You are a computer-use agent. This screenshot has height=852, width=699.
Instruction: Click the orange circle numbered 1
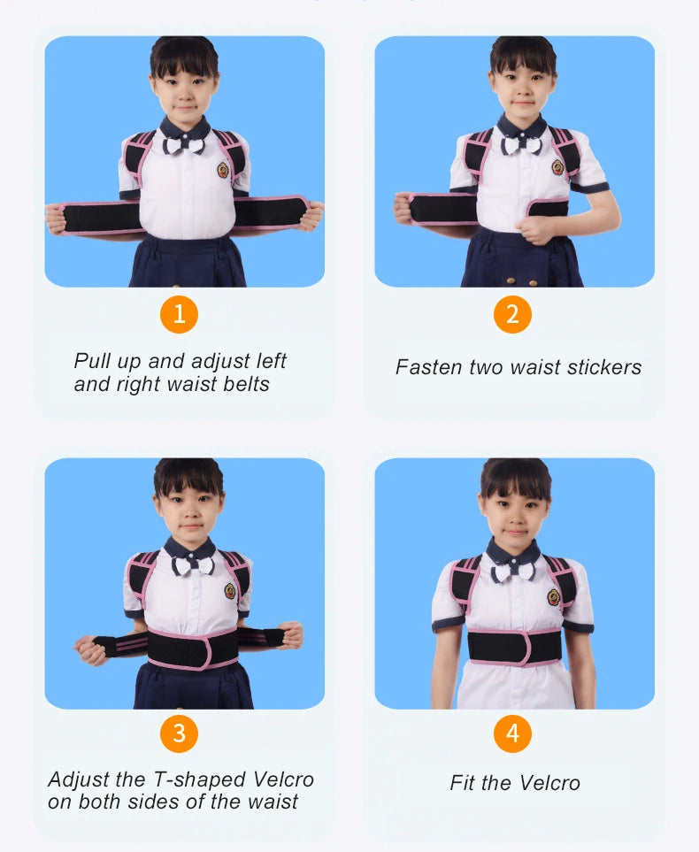pos(180,314)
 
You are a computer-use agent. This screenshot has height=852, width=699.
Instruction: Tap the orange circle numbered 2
pos(512,314)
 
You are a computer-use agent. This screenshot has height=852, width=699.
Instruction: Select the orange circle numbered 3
pos(180,733)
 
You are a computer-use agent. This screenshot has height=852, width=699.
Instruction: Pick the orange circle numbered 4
pos(512,733)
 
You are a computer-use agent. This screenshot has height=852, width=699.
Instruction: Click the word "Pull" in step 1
pos(91,362)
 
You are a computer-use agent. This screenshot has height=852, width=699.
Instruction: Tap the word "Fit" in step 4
pos(463,783)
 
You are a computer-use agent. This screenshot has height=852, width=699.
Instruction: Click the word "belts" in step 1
pos(247,385)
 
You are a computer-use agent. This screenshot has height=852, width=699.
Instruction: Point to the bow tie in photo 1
pos(184,145)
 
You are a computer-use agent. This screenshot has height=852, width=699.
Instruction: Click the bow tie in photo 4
pos(514,572)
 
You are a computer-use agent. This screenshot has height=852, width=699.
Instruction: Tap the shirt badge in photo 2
pos(557,167)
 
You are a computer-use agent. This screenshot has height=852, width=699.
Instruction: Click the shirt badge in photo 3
pos(230,591)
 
